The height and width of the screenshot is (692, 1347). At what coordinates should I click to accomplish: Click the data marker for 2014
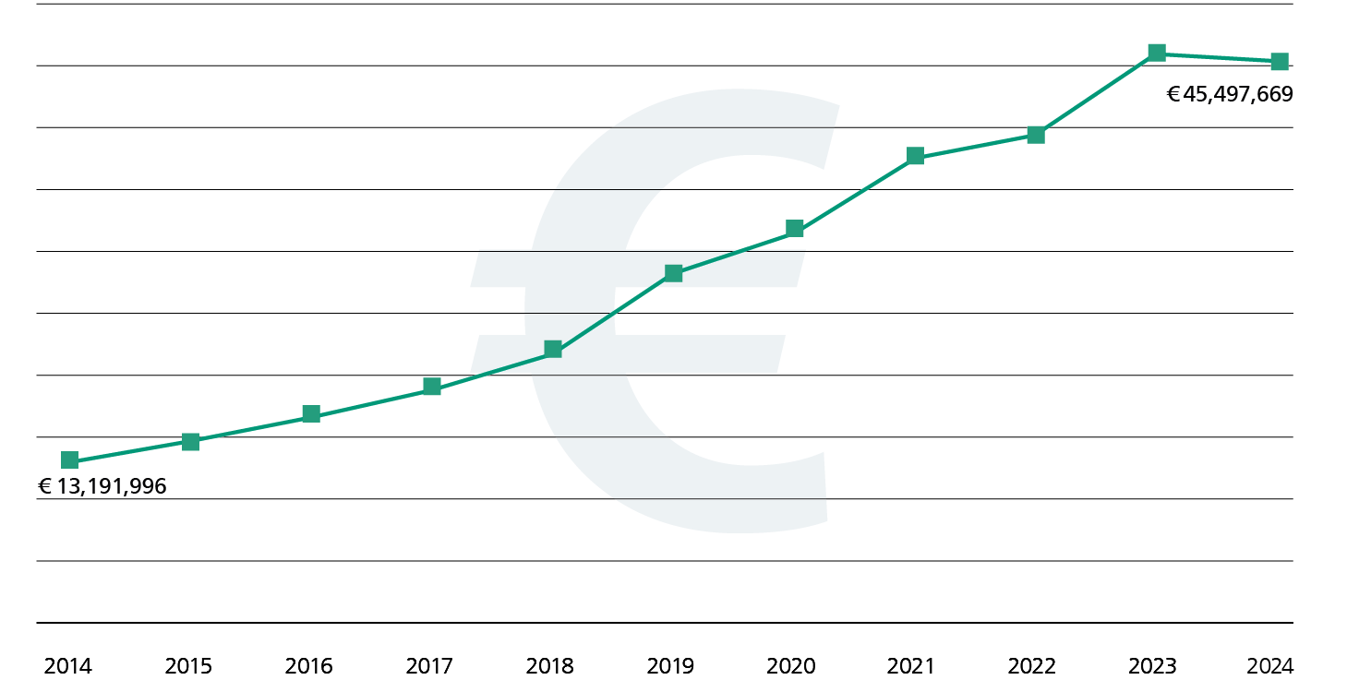click(69, 459)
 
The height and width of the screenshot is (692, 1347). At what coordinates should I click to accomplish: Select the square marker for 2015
click(190, 441)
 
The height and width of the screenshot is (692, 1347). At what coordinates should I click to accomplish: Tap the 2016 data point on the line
click(311, 413)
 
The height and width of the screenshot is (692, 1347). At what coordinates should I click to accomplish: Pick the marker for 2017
click(432, 386)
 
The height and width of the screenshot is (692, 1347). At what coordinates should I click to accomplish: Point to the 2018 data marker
click(553, 349)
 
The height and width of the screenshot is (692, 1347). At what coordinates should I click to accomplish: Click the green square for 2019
click(674, 273)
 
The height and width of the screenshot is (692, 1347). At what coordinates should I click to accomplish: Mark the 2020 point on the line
click(794, 228)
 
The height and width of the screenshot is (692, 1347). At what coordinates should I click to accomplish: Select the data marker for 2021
click(915, 155)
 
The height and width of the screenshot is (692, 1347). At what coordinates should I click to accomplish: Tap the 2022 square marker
click(1036, 135)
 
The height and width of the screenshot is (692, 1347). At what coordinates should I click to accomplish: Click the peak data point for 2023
click(1157, 53)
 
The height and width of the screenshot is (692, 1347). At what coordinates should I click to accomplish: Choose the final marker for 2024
click(1279, 62)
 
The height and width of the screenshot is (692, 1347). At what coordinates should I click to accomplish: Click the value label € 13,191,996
click(102, 487)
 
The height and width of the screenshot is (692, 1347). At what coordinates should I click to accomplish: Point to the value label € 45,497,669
click(1230, 94)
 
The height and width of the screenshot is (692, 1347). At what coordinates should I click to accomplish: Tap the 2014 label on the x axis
click(68, 666)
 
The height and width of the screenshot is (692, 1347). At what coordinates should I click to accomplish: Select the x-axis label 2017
click(429, 666)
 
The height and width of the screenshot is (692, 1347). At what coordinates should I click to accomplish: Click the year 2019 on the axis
click(670, 666)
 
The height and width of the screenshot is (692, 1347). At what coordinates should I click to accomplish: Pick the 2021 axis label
click(911, 666)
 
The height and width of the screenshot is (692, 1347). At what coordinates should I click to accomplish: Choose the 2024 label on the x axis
click(1270, 666)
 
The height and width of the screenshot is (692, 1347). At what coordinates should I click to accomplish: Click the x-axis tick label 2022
click(1032, 666)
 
